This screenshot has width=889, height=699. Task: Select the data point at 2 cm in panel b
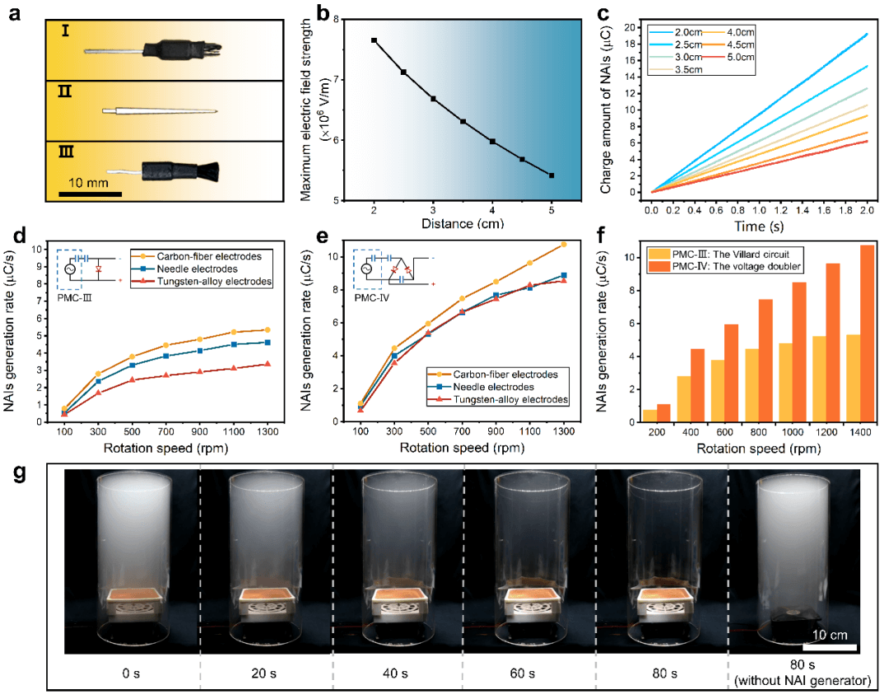pos(374,40)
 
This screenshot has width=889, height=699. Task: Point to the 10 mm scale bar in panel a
pos(91,194)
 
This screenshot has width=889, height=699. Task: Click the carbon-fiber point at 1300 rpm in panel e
pos(563,245)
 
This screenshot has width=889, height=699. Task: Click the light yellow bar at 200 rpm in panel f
pos(650,416)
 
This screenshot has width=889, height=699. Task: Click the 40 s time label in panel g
pos(398,673)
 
